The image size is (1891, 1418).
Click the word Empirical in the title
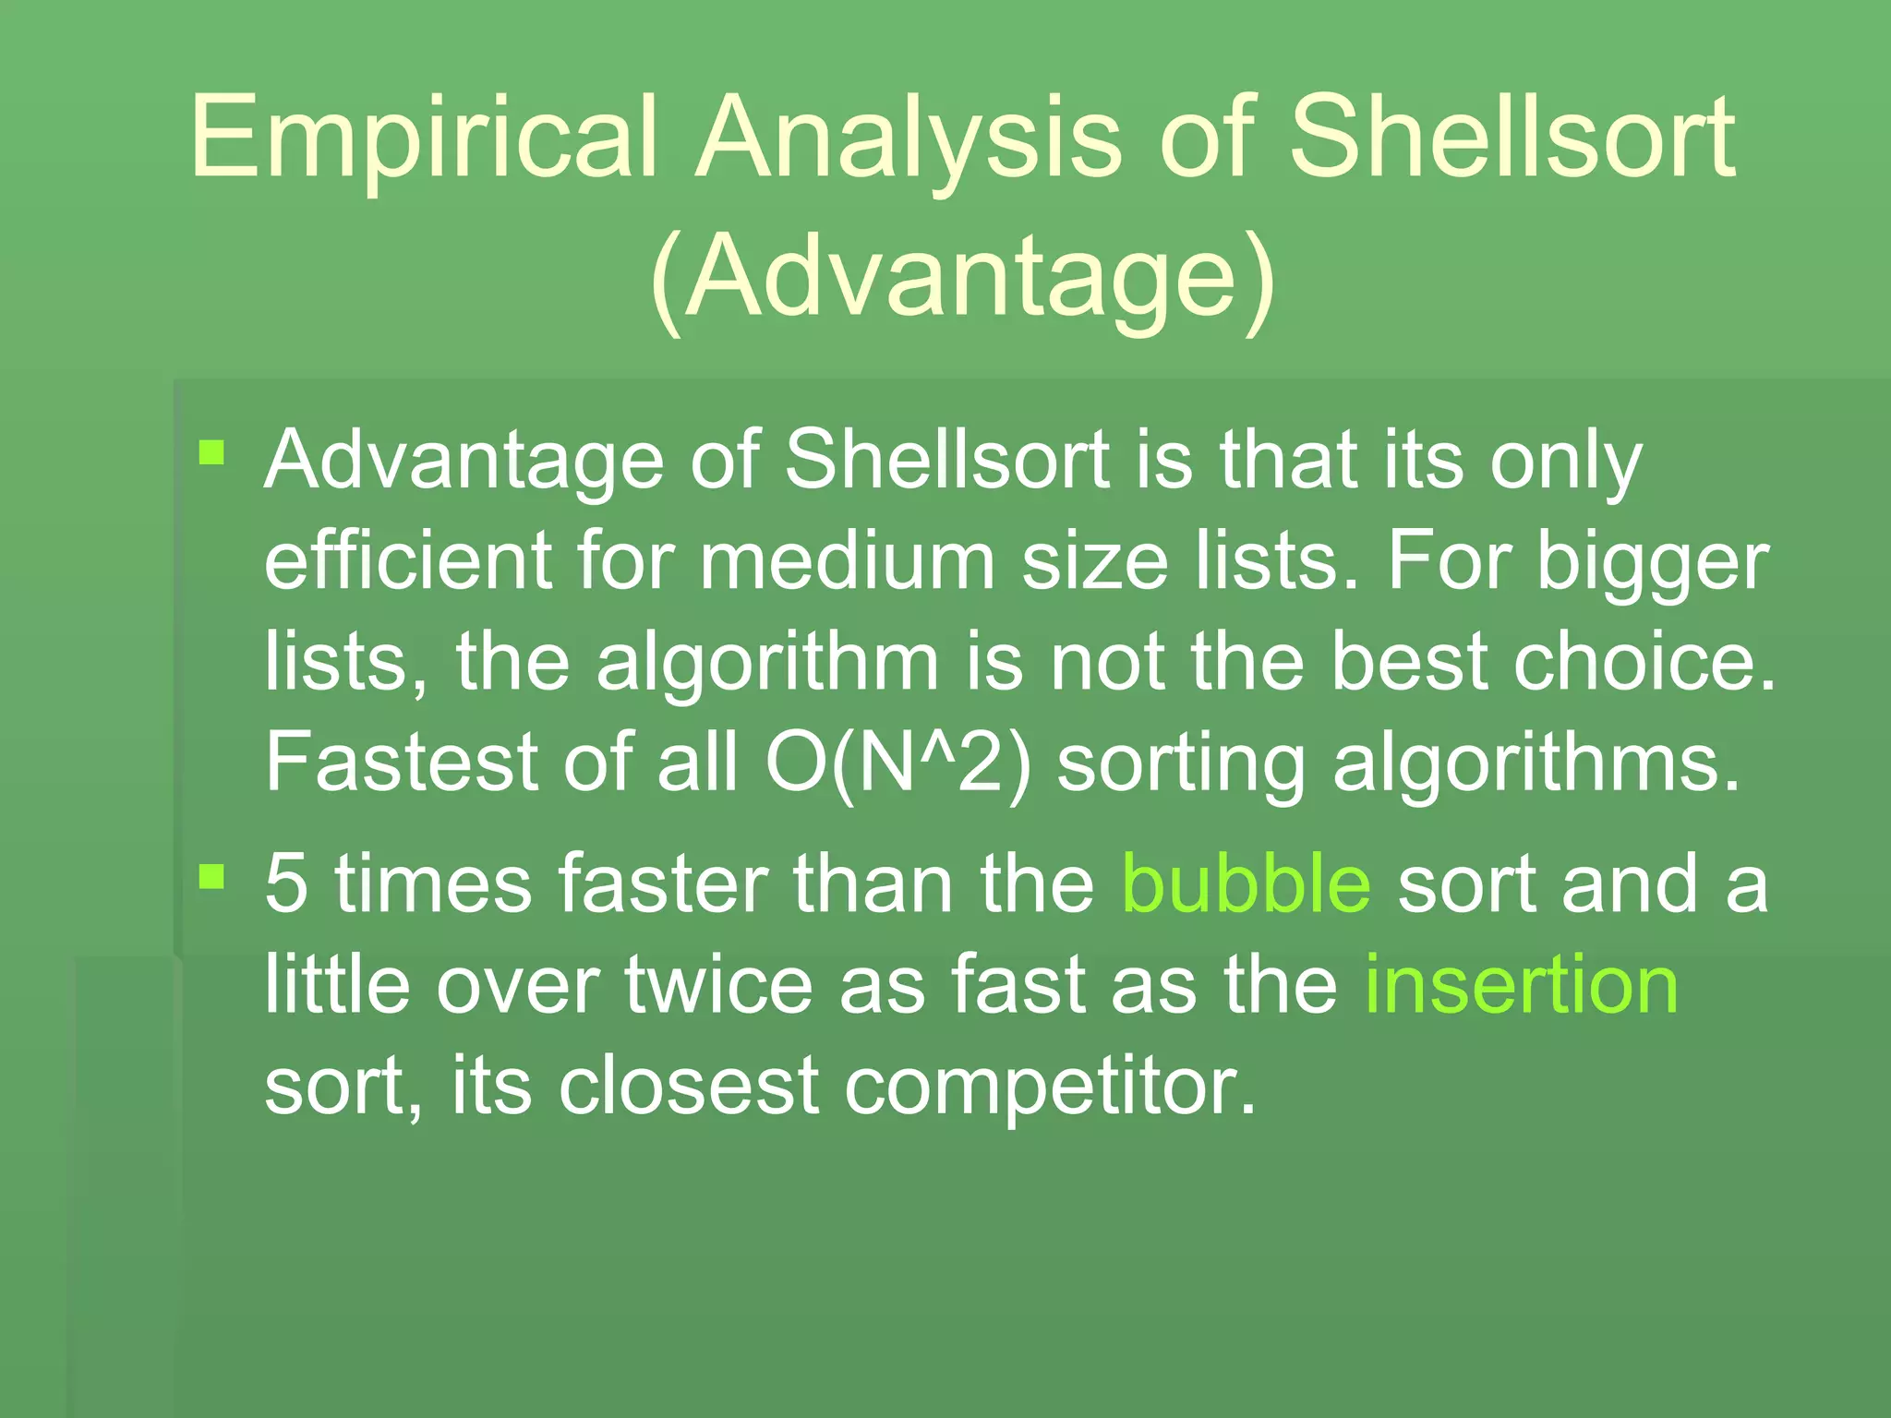pyautogui.click(x=425, y=138)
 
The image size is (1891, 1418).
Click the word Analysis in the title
pyautogui.click(x=909, y=138)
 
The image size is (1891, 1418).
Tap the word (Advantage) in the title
pyautogui.click(x=963, y=277)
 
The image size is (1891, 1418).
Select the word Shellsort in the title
pyautogui.click(x=1512, y=138)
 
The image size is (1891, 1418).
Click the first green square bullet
pyautogui.click(x=212, y=453)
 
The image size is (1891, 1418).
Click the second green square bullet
pyautogui.click(x=212, y=876)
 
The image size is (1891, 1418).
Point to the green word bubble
pyautogui.click(x=1247, y=883)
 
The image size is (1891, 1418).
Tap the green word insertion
pyautogui.click(x=1521, y=985)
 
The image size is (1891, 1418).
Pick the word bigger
pyautogui.click(x=1652, y=563)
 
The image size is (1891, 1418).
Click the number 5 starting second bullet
pyautogui.click(x=285, y=883)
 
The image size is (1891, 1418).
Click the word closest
pyautogui.click(x=689, y=1086)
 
